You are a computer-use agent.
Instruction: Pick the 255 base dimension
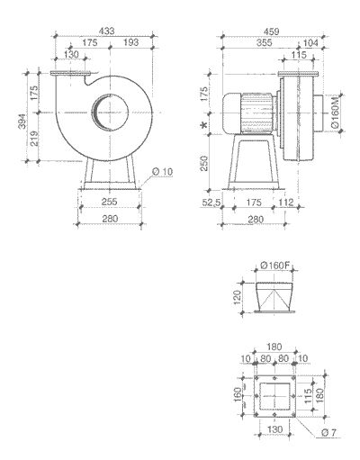(x=111, y=203)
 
